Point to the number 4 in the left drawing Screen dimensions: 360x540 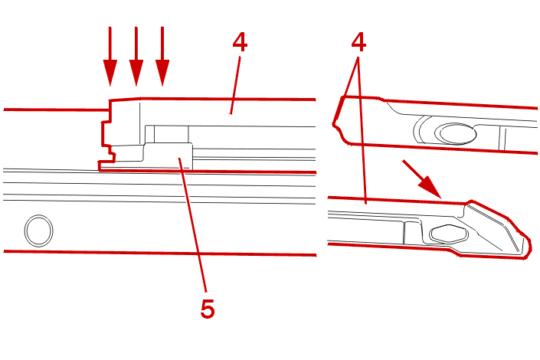point(240,42)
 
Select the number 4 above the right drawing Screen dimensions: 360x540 point(357,42)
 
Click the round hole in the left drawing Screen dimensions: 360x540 point(38,229)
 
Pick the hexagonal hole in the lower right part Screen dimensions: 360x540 point(446,234)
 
